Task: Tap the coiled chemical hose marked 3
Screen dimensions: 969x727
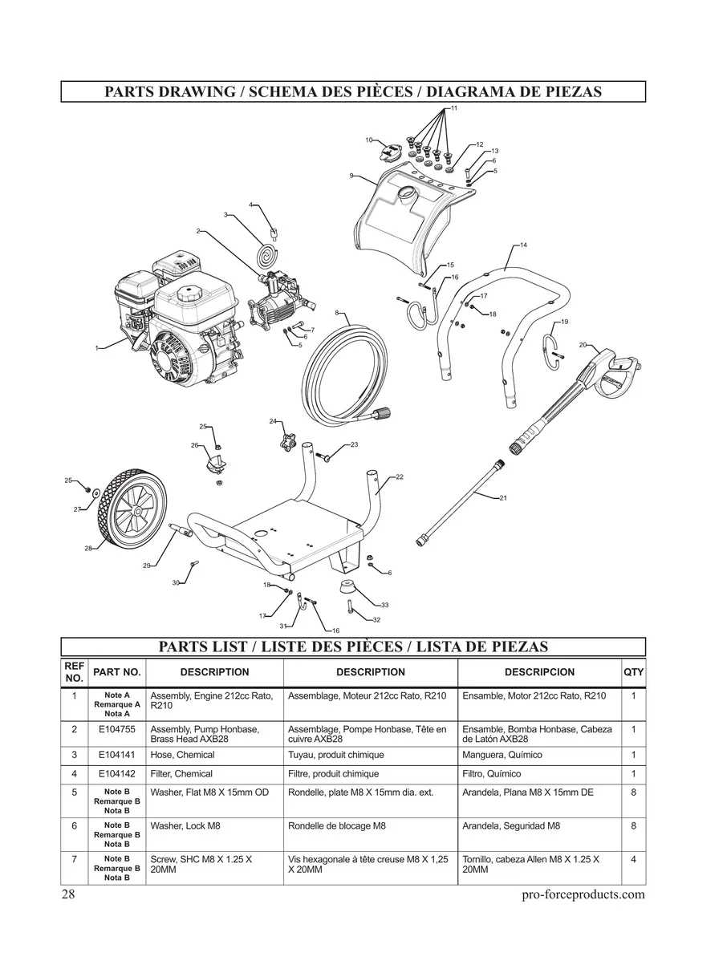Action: [266, 256]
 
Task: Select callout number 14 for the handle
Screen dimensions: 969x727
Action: [523, 244]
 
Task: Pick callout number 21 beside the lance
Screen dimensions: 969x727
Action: [503, 498]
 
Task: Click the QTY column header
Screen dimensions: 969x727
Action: [633, 672]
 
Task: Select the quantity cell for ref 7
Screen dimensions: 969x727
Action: [633, 859]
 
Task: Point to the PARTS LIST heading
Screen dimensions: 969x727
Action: [353, 647]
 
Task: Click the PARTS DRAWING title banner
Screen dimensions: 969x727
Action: [353, 91]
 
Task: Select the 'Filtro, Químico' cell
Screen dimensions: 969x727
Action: [492, 774]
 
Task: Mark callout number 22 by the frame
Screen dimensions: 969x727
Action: [399, 477]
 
